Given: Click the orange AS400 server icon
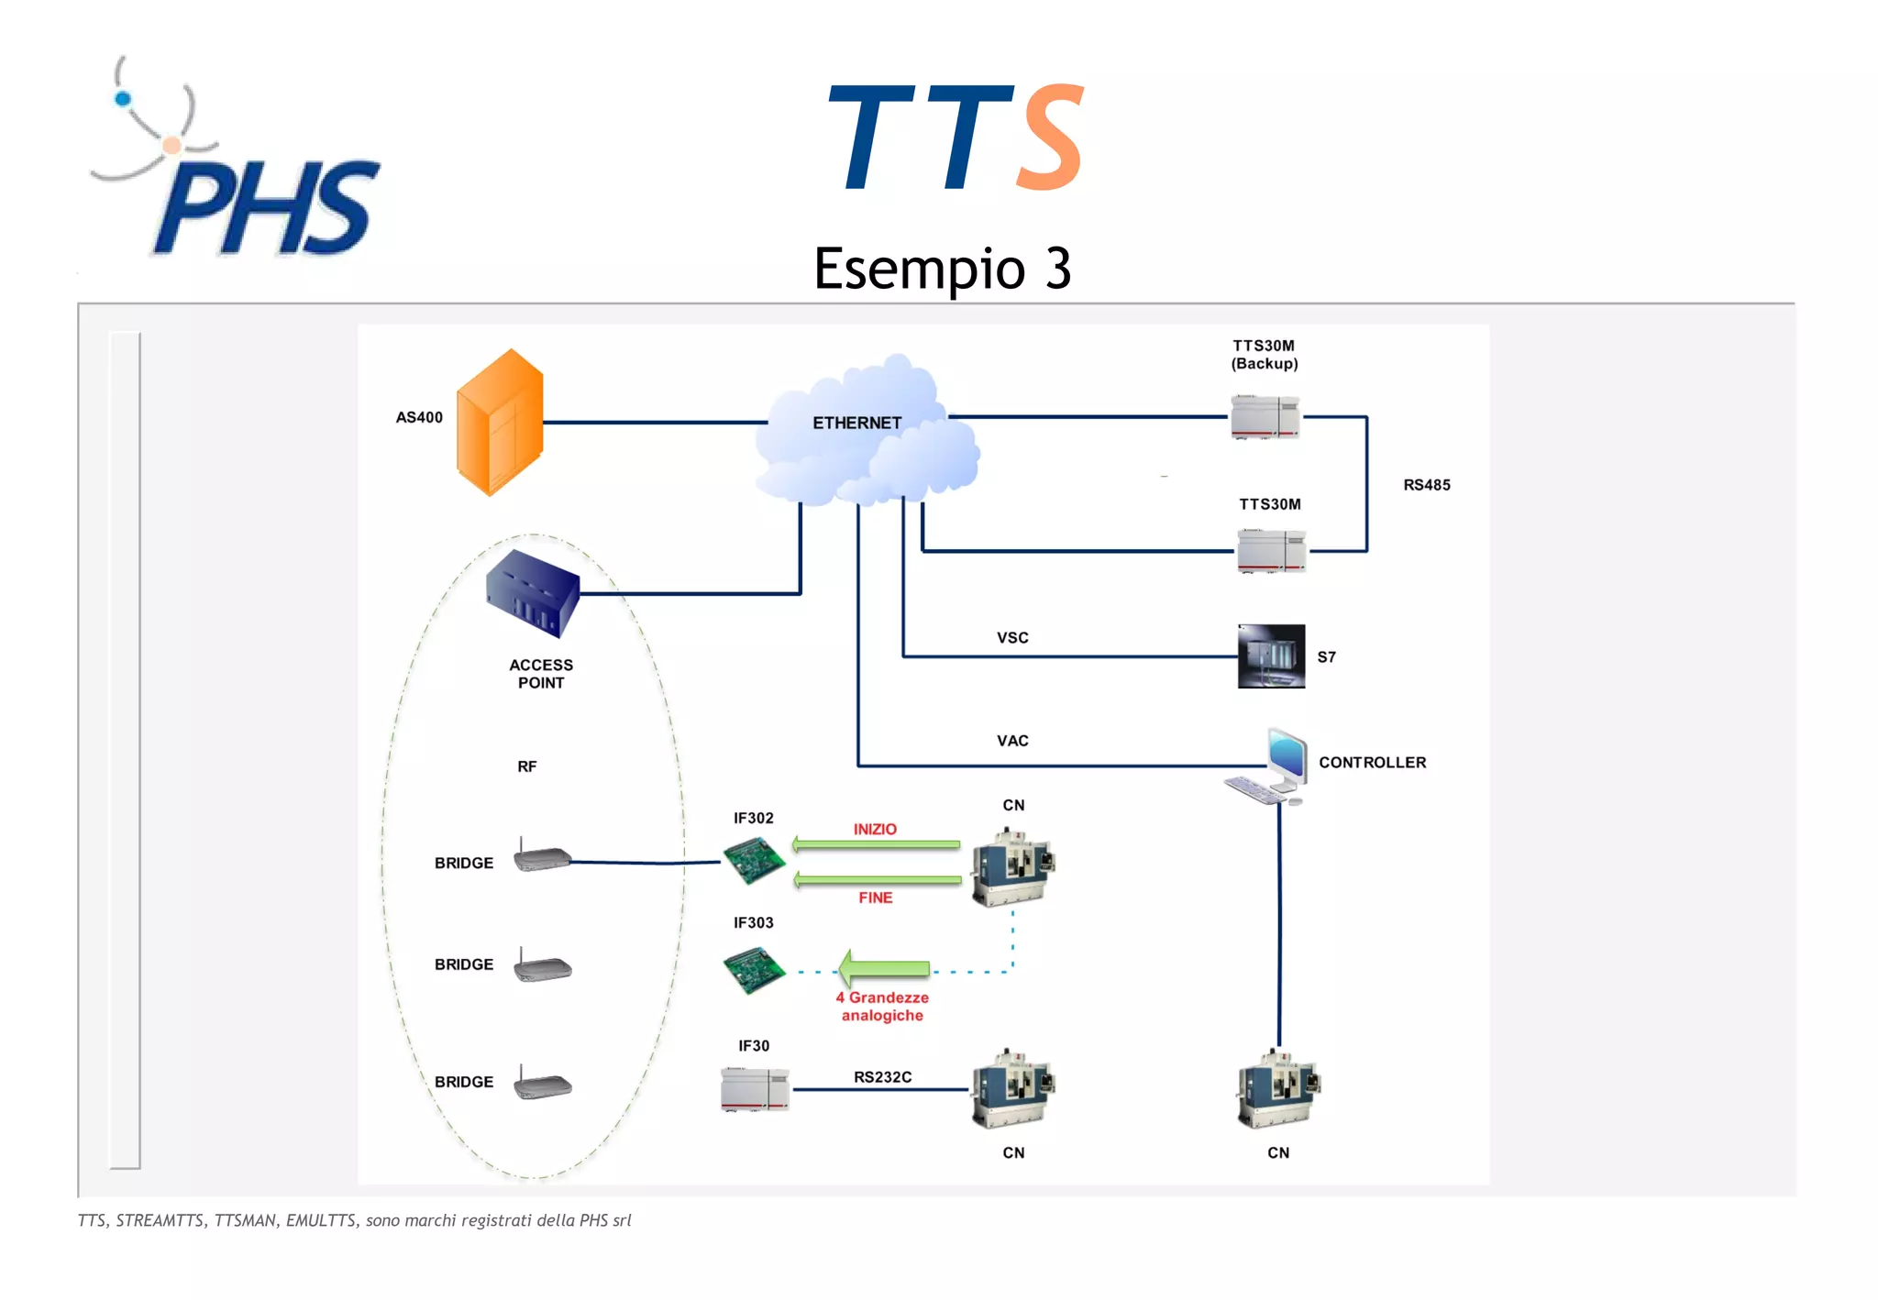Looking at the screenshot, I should [500, 423].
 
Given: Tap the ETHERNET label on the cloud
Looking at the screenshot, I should [856, 423].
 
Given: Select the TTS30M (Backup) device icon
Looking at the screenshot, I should [1265, 417].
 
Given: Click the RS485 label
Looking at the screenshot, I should [1426, 485].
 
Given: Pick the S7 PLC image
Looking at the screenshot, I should [1271, 656].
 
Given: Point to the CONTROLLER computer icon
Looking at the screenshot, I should [1270, 766].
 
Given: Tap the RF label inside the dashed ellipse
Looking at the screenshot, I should [526, 766].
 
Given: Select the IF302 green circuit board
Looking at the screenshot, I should [754, 861].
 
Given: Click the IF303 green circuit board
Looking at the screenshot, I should [754, 970].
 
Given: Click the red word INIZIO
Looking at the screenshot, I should [875, 829].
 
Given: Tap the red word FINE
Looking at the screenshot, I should [875, 898].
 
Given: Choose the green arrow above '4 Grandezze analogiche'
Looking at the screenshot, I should [884, 968].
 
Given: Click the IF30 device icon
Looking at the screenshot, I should [755, 1089].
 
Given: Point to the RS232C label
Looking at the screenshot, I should [882, 1077].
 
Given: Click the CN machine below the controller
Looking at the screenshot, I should [1278, 1089].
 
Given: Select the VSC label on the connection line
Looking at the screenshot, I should [1012, 638].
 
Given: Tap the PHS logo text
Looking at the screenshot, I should [266, 209].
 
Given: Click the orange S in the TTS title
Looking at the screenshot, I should [1053, 138].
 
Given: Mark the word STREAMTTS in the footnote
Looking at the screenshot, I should [160, 1220].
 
